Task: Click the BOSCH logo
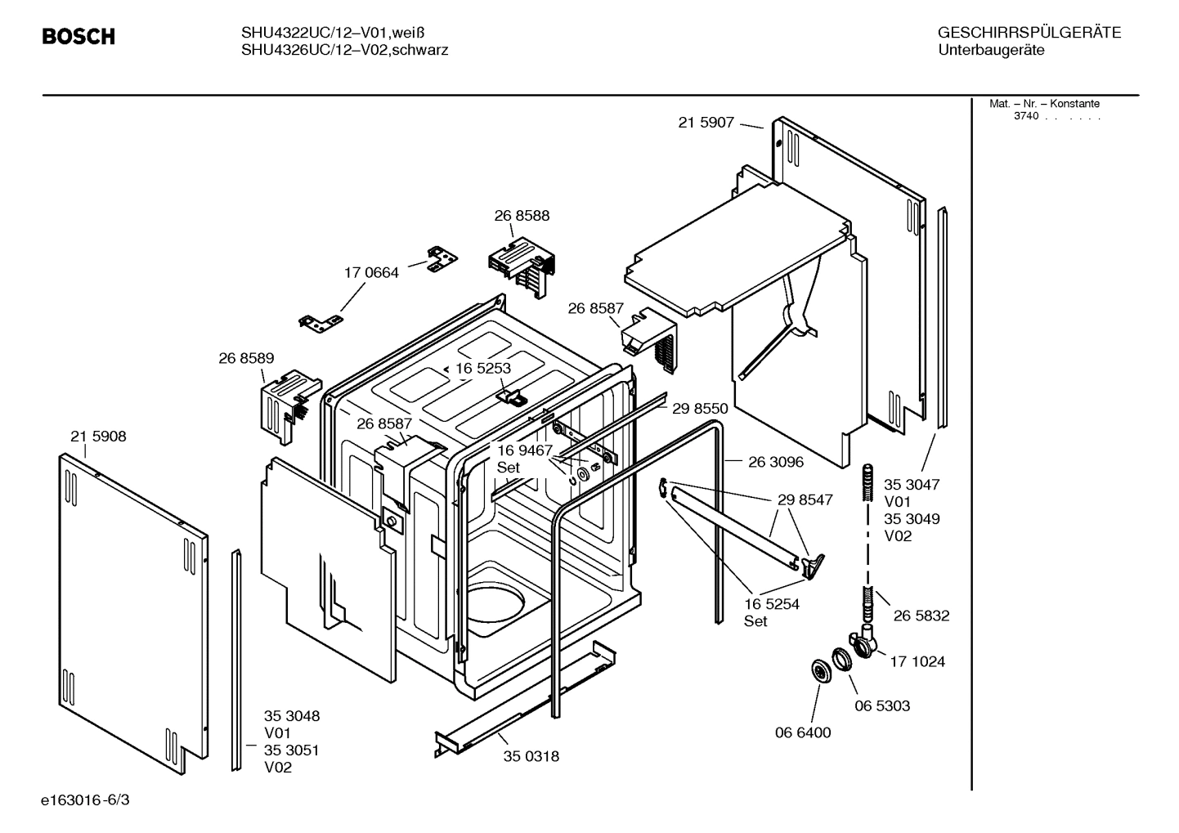click(78, 37)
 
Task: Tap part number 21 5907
click(706, 123)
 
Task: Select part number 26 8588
click(522, 216)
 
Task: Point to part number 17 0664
click(371, 272)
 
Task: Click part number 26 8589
click(246, 358)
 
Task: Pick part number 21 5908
click(98, 437)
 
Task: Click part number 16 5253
click(482, 368)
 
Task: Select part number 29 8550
click(700, 408)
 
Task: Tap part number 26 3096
click(776, 462)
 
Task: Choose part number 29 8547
click(805, 499)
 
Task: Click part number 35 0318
click(531, 756)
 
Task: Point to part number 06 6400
click(803, 732)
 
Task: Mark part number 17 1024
click(917, 661)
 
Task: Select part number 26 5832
click(921, 616)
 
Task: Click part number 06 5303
click(882, 705)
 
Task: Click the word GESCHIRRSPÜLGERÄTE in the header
click(1029, 33)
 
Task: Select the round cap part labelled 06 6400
click(817, 670)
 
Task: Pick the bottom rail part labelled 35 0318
click(523, 703)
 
